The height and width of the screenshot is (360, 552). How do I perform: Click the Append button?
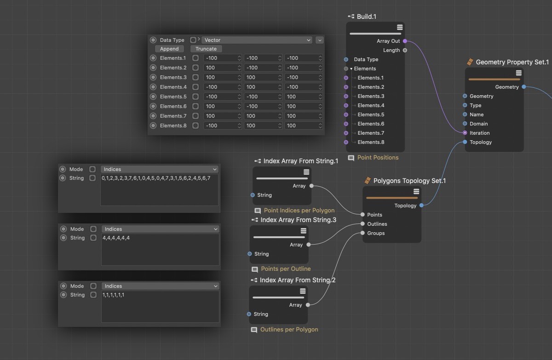point(169,49)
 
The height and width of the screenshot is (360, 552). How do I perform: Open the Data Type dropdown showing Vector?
point(257,40)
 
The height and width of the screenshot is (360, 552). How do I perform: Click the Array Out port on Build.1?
point(405,41)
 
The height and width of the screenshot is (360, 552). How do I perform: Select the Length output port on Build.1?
point(405,50)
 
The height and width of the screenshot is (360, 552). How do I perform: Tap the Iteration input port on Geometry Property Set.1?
point(465,133)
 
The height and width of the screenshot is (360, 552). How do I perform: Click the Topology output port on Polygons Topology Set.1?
point(421,206)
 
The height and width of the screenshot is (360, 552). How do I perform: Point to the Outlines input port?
point(362,224)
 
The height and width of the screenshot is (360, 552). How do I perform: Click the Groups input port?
point(362,233)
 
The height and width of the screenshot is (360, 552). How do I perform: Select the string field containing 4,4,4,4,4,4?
point(160,250)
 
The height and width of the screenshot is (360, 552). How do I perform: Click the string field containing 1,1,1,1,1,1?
point(160,307)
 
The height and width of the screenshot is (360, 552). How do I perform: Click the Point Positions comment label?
point(378,158)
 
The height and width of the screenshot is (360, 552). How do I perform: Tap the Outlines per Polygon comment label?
point(289,330)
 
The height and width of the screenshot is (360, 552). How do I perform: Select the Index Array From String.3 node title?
point(298,220)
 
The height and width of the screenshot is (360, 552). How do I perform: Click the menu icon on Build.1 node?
point(400,27)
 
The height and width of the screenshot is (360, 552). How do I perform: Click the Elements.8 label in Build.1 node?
point(371,142)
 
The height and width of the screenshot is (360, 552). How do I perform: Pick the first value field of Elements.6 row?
point(222,106)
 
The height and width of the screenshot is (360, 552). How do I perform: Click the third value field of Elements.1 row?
point(303,58)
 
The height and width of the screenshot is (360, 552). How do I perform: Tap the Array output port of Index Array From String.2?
point(308,305)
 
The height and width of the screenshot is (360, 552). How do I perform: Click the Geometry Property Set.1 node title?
point(512,62)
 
